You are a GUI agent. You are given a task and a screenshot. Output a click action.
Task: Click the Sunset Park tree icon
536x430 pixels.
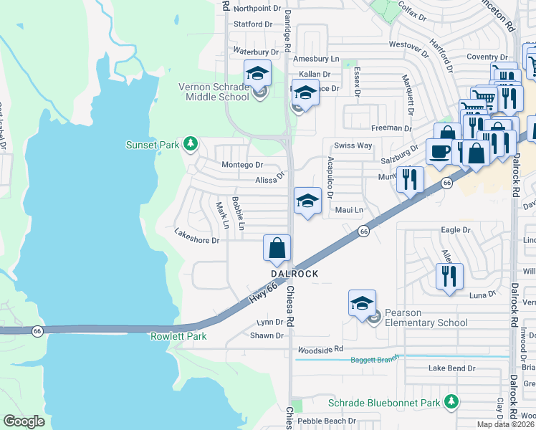190,145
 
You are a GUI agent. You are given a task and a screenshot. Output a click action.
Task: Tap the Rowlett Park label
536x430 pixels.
178,336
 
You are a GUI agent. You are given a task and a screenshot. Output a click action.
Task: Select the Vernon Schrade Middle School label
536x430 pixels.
214,92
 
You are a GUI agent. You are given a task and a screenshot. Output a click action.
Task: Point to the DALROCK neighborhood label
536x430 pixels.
294,274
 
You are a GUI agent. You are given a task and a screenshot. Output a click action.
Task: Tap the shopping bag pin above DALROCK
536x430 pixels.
277,249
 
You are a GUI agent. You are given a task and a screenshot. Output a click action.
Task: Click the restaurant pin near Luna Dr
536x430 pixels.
449,276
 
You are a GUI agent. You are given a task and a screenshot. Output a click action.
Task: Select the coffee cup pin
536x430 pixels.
439,153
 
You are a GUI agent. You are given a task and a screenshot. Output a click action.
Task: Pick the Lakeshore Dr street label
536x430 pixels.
196,241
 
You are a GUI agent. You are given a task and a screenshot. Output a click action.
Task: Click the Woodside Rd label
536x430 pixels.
320,349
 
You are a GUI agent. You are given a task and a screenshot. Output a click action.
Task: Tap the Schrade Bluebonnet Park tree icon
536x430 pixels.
451,402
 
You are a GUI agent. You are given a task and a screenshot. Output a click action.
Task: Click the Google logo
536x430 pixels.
24,421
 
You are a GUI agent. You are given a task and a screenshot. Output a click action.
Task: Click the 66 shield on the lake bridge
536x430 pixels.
37,330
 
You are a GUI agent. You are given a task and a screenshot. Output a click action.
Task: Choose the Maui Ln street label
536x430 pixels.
350,210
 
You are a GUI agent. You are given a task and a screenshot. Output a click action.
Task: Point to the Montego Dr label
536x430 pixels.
242,165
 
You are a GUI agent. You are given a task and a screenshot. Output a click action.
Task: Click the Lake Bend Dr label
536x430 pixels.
451,368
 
